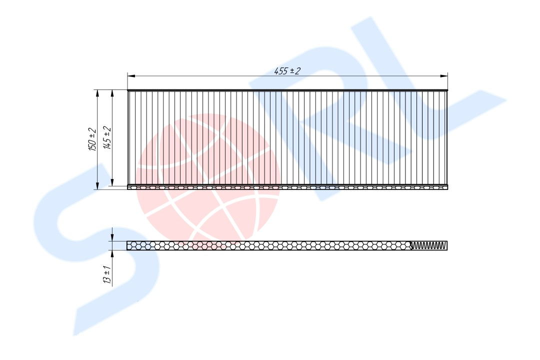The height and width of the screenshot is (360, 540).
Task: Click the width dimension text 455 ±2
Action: click(x=287, y=71)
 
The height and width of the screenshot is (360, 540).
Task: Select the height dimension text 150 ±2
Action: click(x=92, y=139)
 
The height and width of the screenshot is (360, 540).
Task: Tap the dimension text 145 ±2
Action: click(x=108, y=138)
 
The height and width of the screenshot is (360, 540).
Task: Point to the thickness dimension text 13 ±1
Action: click(x=107, y=274)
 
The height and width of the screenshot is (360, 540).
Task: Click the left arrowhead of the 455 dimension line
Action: click(x=131, y=76)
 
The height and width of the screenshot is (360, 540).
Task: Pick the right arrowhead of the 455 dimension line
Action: click(x=444, y=76)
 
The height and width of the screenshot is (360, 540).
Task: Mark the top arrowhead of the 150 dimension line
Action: click(x=97, y=93)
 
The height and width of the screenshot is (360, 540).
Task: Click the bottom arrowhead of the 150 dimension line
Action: click(x=97, y=185)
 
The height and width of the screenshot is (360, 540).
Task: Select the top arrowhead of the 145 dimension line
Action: click(x=112, y=93)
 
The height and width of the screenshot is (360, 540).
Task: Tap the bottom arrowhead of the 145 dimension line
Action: click(x=112, y=182)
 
